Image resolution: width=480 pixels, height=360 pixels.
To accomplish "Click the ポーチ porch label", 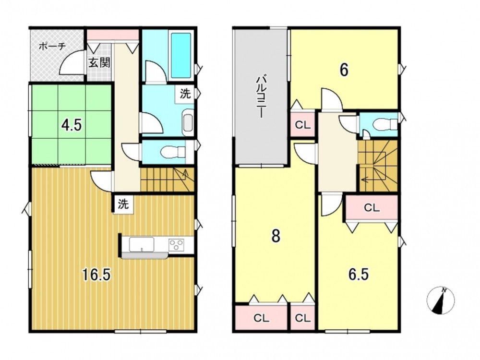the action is click(52, 47).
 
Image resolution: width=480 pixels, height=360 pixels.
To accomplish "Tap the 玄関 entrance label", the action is click(99, 63).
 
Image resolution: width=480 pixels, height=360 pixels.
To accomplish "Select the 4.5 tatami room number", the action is click(71, 125).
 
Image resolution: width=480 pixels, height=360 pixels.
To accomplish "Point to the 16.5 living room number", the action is click(96, 275).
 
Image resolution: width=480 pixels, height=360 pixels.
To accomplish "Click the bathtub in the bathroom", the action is click(180, 55).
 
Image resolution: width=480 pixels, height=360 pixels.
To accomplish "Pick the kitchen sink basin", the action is click(142, 244).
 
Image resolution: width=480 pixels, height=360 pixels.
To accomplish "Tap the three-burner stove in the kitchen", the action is click(176, 245).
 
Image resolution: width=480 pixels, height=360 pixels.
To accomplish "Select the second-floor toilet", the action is click(385, 124).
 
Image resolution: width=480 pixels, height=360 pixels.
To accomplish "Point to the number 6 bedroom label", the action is click(344, 71).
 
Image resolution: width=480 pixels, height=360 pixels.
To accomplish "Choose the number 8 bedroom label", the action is click(276, 236).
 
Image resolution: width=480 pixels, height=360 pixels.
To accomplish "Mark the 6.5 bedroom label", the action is click(359, 274).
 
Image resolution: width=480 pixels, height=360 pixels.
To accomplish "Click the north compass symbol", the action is click(441, 300).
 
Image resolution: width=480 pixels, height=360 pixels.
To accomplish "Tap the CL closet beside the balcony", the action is click(302, 125).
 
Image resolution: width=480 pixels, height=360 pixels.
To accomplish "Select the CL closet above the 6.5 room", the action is click(372, 208).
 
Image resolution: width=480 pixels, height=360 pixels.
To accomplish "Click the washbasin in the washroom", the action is click(187, 123).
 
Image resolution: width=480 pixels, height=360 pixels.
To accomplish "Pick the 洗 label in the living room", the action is click(123, 204).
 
